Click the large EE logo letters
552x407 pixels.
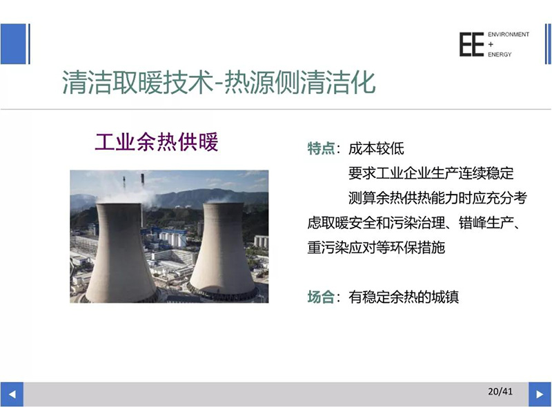click(471, 44)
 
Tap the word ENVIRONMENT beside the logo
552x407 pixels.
click(509, 34)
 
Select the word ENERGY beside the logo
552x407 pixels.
click(500, 54)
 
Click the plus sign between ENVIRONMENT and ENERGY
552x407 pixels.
click(491, 44)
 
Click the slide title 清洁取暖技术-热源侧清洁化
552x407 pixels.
click(219, 82)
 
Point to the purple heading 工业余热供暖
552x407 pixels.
click(157, 142)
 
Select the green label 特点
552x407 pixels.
click(321, 148)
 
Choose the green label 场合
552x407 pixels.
click(321, 297)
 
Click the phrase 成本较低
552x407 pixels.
click(376, 148)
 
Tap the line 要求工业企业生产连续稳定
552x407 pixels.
click(431, 173)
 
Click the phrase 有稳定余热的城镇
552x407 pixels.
click(404, 297)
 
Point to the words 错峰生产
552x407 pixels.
click(486, 223)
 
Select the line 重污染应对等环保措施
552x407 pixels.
click(376, 248)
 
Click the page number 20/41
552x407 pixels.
click(500, 391)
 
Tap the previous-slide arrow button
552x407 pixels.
click(12, 394)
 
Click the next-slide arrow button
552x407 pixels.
click(540, 394)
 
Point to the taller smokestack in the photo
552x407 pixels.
click(142, 179)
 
